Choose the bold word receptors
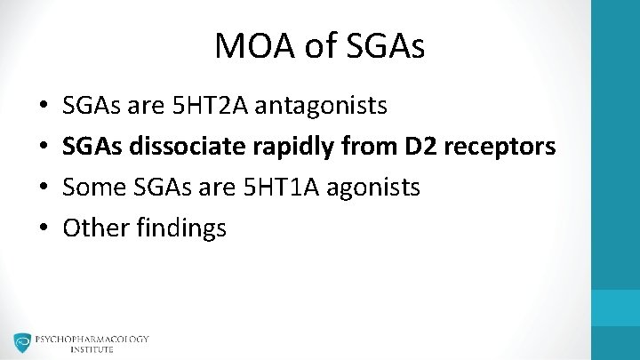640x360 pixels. point(502,147)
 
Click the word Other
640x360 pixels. point(95,228)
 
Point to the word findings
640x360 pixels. point(181,228)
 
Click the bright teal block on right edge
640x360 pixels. point(616,307)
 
